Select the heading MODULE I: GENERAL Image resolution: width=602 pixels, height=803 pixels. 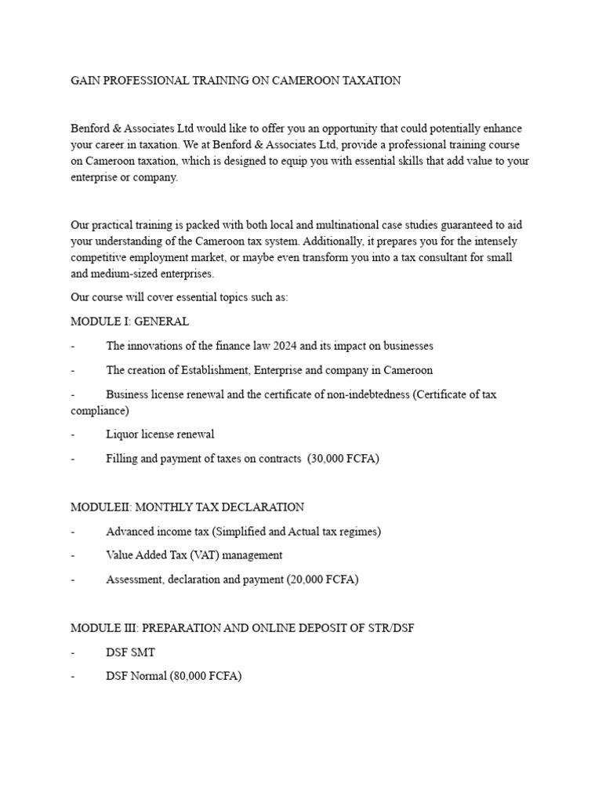click(x=129, y=322)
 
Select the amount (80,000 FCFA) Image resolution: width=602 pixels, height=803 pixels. click(x=205, y=675)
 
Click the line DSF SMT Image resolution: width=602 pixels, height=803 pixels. click(x=130, y=652)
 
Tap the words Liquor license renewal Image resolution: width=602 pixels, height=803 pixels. click(x=160, y=434)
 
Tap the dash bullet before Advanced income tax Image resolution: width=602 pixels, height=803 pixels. click(x=73, y=532)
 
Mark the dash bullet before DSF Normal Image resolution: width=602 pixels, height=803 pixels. click(x=73, y=675)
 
